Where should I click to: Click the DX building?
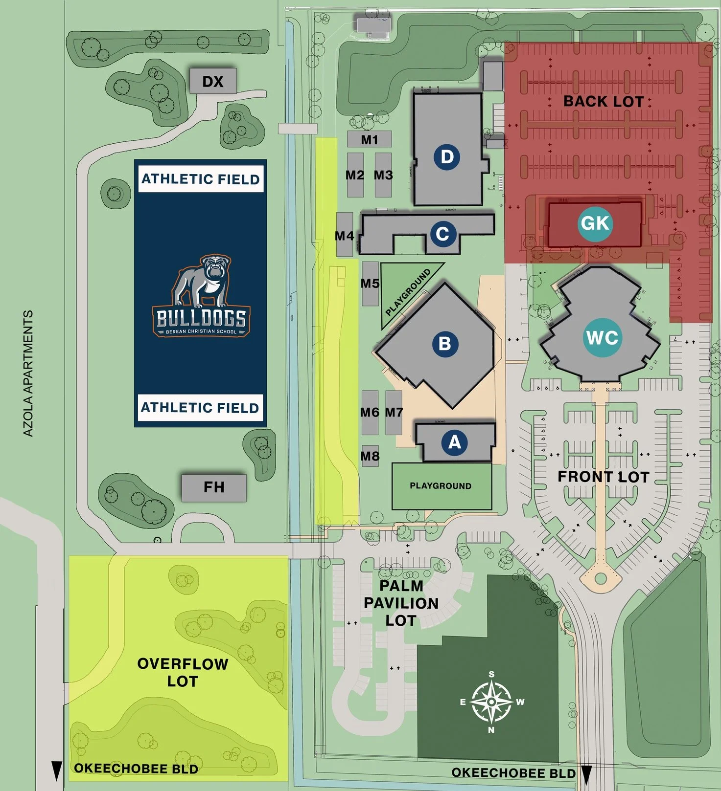[x=213, y=81]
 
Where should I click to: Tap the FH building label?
[x=214, y=487]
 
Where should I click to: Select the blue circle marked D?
[x=447, y=157]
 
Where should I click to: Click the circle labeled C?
[x=443, y=234]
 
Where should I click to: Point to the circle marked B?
[x=445, y=344]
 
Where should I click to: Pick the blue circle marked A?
[x=455, y=442]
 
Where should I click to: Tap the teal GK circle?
[x=595, y=223]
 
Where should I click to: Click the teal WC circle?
[x=602, y=337]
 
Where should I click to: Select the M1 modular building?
[x=370, y=140]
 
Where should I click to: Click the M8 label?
[x=370, y=456]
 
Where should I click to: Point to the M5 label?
[x=370, y=284]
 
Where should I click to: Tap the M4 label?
[x=345, y=236]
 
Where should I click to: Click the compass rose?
[x=491, y=702]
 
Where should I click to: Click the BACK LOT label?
[x=603, y=101]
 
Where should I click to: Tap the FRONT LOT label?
[x=603, y=477]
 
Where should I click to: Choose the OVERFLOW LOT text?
[x=183, y=672]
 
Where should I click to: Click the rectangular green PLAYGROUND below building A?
[x=441, y=486]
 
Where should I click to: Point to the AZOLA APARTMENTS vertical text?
[x=28, y=373]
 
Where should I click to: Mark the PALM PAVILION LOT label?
[x=401, y=603]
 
